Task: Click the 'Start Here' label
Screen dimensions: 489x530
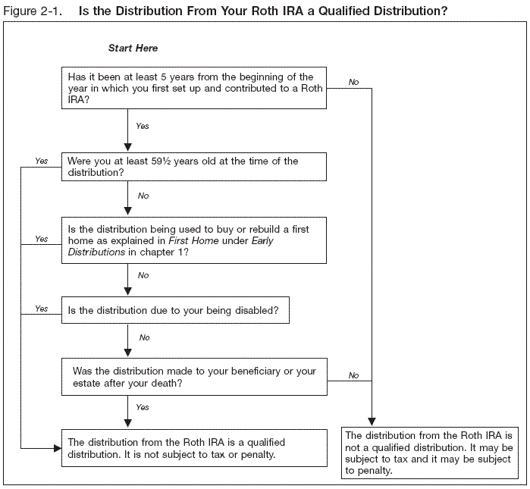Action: click(133, 49)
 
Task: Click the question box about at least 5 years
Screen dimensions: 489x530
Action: click(194, 88)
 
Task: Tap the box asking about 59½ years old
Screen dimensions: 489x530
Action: click(194, 167)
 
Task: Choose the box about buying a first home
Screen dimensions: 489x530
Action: click(194, 240)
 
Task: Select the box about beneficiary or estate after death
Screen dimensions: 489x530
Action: click(194, 377)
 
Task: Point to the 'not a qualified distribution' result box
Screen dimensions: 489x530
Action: click(429, 453)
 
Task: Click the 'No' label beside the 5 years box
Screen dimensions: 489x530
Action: click(354, 81)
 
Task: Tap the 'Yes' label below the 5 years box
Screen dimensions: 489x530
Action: click(143, 126)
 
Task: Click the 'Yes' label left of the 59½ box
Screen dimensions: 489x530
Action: click(42, 161)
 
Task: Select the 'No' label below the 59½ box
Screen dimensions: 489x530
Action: click(143, 196)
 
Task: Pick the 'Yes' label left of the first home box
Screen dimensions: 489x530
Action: click(42, 238)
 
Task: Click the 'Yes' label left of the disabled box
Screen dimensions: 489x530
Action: click(42, 309)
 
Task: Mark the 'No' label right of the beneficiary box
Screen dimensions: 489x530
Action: click(354, 375)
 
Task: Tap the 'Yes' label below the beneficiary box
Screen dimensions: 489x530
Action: click(143, 407)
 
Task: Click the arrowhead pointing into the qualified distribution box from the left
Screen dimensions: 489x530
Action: click(56, 448)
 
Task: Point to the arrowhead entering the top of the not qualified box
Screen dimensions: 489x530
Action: click(372, 422)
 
